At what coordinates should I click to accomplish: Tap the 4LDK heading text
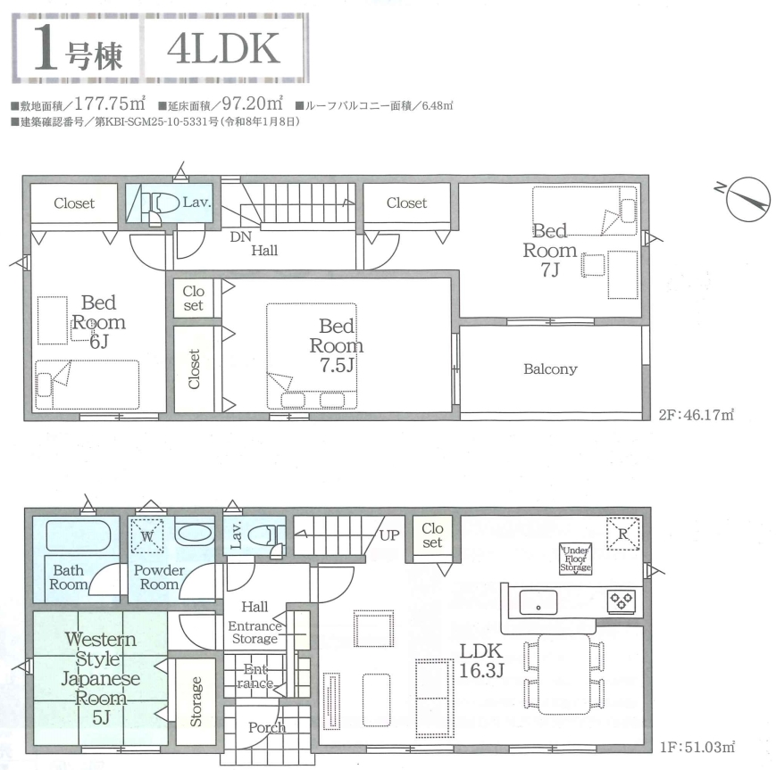tap(224, 48)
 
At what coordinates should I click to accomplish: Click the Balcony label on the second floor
tap(550, 368)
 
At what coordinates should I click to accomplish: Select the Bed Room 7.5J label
tap(337, 345)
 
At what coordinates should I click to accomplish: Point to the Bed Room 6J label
tap(99, 321)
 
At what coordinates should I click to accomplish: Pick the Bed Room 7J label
tap(550, 250)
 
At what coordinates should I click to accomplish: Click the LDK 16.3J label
tap(481, 660)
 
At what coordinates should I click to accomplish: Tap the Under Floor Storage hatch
tap(576, 559)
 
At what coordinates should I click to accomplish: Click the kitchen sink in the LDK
tap(538, 603)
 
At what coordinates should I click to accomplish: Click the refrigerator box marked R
tap(623, 534)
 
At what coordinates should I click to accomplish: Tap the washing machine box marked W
tap(147, 535)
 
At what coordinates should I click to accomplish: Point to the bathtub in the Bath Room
tap(79, 535)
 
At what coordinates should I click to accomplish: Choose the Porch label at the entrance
tap(267, 727)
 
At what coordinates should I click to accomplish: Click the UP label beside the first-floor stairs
tap(389, 535)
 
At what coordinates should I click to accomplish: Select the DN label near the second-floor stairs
tap(240, 236)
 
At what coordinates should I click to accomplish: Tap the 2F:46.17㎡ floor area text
tap(696, 414)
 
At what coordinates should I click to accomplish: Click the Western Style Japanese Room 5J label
tap(101, 678)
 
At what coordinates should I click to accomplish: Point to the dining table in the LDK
tap(564, 675)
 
